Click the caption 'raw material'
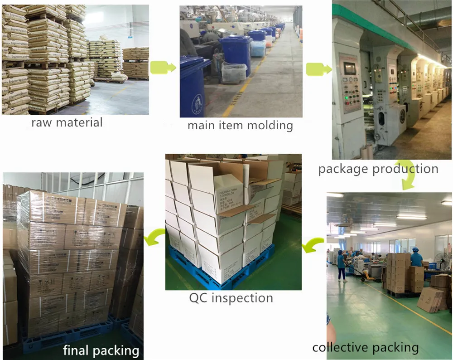point(67,122)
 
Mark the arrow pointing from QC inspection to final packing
point(154,236)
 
